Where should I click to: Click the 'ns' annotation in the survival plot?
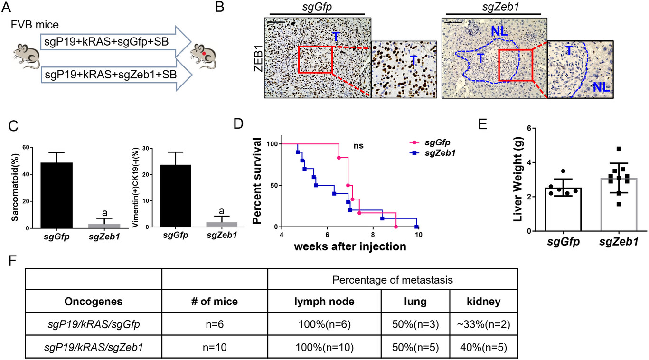[x=359, y=145]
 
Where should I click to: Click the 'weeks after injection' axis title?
[x=350, y=246]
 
